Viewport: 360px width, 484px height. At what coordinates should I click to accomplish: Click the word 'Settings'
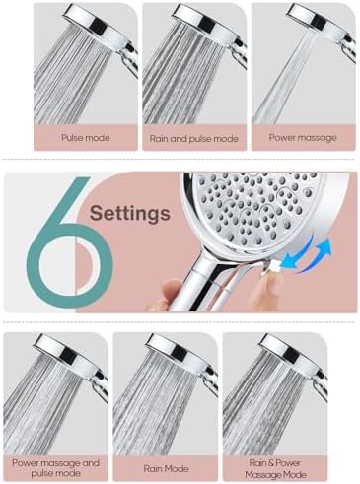[129, 212]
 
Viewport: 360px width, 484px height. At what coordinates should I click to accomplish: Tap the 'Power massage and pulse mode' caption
[55, 466]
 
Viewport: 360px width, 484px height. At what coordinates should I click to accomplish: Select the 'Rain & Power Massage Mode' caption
[273, 466]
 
